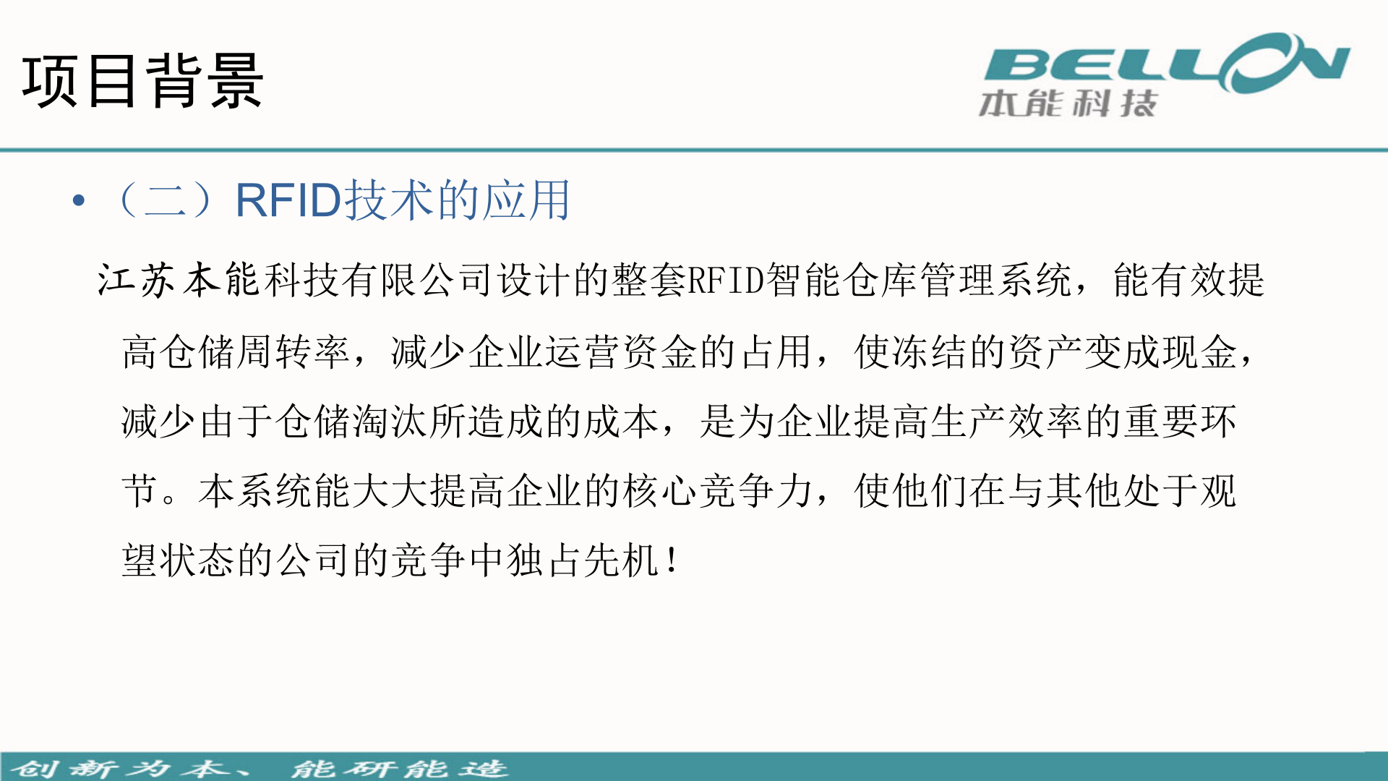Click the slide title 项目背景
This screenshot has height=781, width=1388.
tap(142, 81)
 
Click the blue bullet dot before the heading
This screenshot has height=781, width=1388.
tap(79, 200)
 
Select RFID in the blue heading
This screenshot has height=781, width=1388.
tap(288, 200)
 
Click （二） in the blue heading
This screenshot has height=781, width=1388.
tap(166, 200)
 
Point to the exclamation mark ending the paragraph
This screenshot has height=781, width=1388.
tap(673, 560)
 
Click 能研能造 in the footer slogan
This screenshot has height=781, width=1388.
tap(399, 768)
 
